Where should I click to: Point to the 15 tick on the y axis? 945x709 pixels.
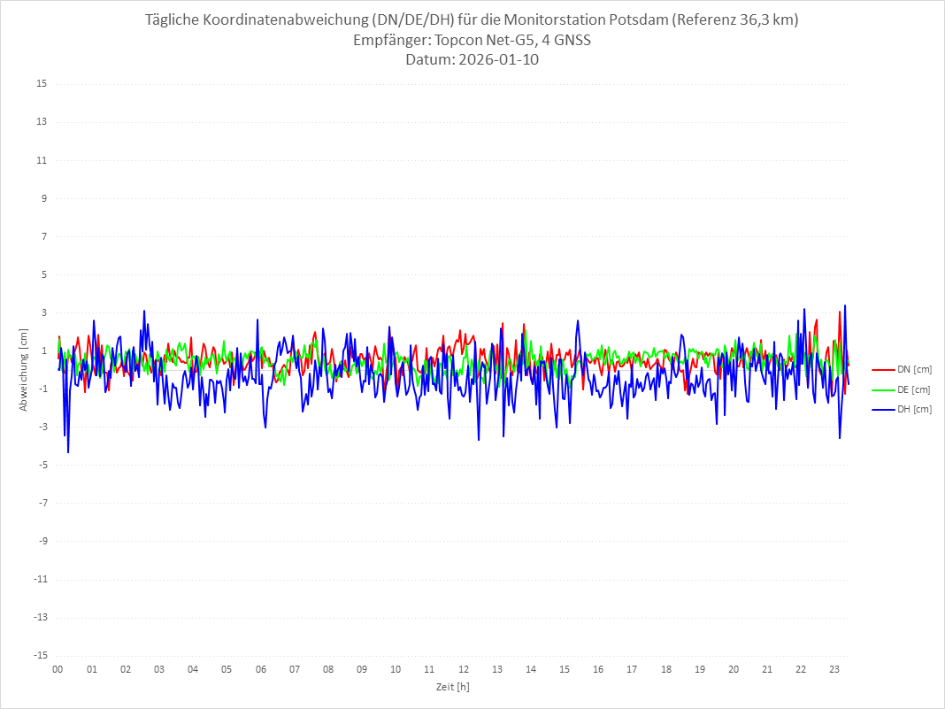click(42, 84)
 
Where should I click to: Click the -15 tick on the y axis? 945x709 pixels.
click(40, 655)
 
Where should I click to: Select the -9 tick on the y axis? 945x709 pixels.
click(42, 541)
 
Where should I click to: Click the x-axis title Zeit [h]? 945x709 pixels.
click(452, 687)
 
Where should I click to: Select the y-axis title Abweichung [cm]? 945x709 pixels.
click(24, 369)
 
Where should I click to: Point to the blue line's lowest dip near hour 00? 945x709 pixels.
click(68, 452)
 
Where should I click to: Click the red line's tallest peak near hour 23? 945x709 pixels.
click(840, 312)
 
